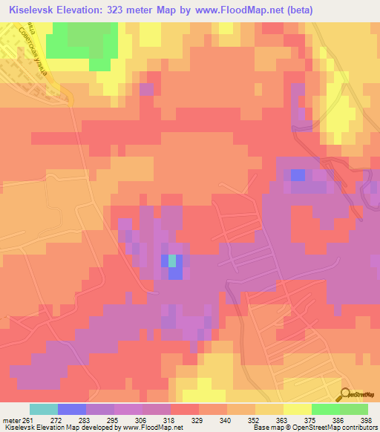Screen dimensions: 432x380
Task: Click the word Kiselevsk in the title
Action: coord(32,10)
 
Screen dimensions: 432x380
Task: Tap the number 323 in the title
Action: coord(120,10)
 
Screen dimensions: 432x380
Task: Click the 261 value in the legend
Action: coord(27,419)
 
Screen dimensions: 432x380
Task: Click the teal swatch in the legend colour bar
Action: coord(44,409)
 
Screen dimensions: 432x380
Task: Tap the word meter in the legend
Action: coord(10,419)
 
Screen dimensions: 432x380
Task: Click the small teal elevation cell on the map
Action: coord(172,261)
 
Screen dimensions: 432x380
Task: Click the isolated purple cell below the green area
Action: coord(146,89)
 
